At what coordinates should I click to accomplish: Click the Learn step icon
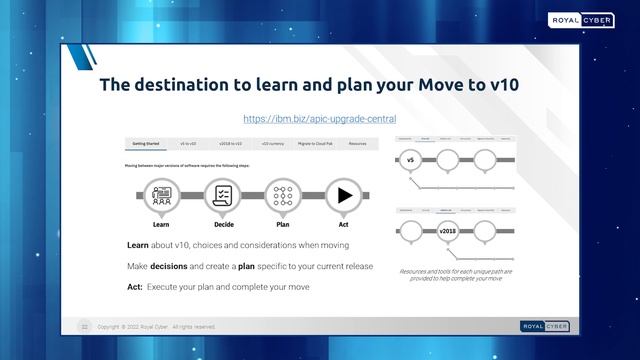(160, 195)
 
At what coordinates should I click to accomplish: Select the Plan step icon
(283, 195)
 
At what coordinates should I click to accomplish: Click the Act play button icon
(345, 195)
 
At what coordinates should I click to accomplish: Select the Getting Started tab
(146, 144)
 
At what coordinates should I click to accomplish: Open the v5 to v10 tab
(188, 144)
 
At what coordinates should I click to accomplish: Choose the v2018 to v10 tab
(230, 144)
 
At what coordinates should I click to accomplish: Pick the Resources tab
(357, 144)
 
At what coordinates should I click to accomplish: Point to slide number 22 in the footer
(85, 326)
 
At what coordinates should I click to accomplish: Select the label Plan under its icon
(283, 227)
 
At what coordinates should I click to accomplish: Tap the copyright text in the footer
(155, 326)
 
